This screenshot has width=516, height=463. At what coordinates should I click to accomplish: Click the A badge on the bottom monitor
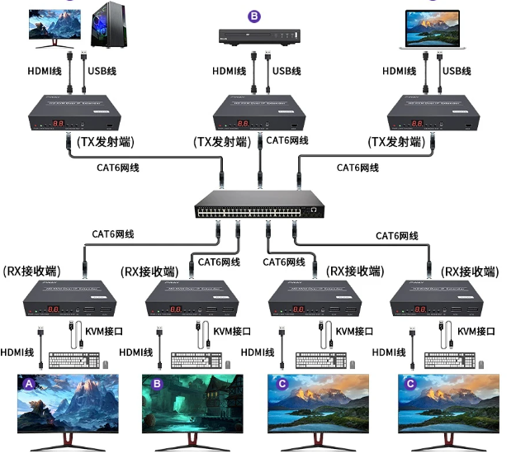point(30,384)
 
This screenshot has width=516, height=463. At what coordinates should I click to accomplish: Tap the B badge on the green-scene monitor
point(157,383)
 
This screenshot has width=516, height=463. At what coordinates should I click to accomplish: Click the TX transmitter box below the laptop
point(432,113)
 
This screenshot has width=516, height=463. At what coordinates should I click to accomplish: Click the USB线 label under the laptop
point(457,71)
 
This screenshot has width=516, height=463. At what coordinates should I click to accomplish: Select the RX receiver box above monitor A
point(69,299)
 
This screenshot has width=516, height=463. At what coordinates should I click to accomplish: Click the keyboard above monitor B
point(197,360)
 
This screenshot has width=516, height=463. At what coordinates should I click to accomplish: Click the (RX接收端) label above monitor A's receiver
point(33,272)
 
